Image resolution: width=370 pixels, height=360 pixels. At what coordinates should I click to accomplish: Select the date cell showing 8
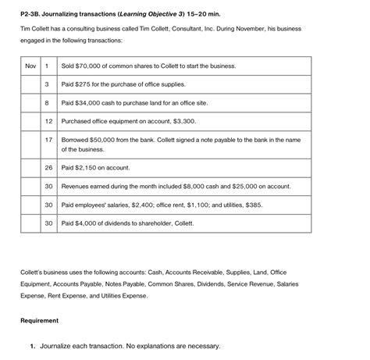point(48,102)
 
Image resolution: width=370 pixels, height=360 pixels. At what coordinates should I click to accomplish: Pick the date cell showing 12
point(48,121)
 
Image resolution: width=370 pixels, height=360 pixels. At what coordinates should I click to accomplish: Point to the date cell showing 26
point(48,167)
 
